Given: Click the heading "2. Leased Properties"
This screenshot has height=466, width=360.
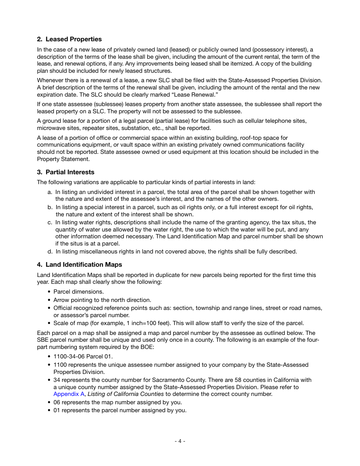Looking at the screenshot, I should click(x=69, y=39).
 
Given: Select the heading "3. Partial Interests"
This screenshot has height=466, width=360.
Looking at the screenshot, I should click(x=66, y=172).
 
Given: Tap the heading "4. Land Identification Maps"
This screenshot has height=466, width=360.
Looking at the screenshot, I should click(x=80, y=264).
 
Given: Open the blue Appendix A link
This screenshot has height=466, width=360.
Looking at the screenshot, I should click(x=69, y=394).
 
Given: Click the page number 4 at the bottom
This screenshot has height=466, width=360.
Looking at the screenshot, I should click(x=180, y=441).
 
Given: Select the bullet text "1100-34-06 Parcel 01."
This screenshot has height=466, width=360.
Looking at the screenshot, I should click(x=83, y=357).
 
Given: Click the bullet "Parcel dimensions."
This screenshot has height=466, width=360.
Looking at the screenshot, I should click(x=78, y=292).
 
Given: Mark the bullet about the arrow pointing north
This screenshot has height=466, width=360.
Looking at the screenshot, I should click(x=102, y=300).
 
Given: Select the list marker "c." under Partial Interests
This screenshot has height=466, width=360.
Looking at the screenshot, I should click(x=50, y=222).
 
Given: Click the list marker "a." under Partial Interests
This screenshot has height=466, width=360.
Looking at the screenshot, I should click(x=50, y=192).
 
